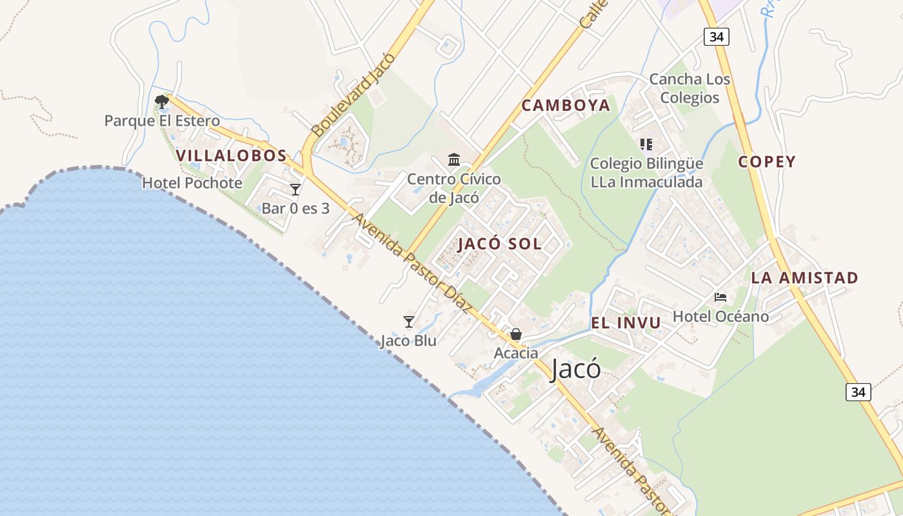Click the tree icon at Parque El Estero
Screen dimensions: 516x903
(161, 101)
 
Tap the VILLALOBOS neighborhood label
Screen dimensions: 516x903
(231, 155)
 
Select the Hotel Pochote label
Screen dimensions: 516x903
(192, 183)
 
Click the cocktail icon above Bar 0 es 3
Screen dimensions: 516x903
(295, 190)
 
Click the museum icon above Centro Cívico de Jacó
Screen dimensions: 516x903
(454, 159)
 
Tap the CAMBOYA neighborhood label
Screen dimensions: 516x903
(565, 106)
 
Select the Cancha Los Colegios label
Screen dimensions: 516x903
(690, 88)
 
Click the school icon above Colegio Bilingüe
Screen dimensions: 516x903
(646, 144)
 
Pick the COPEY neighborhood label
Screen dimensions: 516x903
(767, 162)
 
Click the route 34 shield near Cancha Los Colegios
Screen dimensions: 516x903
(716, 37)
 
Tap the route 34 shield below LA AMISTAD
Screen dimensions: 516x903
(858, 392)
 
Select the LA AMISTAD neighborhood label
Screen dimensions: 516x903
(804, 278)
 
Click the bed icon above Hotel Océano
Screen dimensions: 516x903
(720, 297)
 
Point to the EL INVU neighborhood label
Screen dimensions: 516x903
(626, 323)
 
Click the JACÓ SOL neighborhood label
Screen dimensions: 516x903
(500, 244)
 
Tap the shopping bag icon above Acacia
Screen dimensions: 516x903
(516, 334)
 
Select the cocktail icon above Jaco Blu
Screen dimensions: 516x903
(408, 321)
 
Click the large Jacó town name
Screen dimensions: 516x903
(576, 370)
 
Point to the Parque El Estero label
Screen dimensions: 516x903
(162, 121)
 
